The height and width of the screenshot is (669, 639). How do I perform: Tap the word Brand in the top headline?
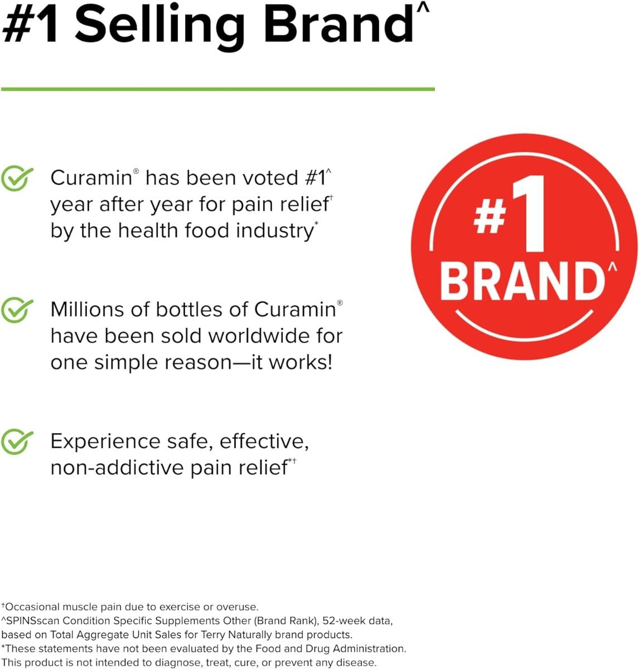click(x=338, y=26)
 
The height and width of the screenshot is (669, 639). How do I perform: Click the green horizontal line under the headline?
click(x=217, y=89)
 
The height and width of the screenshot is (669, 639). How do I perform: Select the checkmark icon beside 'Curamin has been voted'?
click(x=17, y=179)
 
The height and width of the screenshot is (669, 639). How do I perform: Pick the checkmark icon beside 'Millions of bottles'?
click(x=17, y=311)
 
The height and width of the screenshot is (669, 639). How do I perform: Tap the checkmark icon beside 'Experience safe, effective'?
click(x=17, y=442)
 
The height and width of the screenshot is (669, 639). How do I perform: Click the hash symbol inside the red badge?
click(x=490, y=217)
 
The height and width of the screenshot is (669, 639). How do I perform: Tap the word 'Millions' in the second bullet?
click(x=87, y=309)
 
